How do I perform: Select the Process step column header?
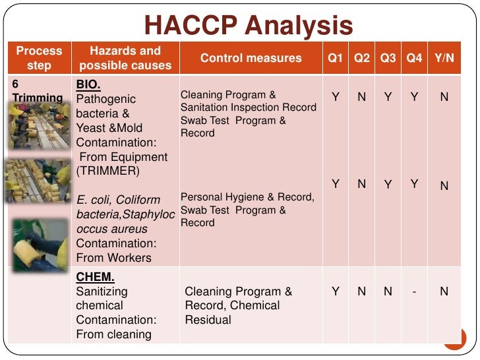click(x=39, y=58)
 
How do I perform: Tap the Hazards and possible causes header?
click(x=125, y=58)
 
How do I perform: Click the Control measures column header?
click(x=251, y=58)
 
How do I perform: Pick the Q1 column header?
click(x=336, y=58)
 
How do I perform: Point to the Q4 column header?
click(x=414, y=58)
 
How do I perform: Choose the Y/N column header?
click(x=444, y=58)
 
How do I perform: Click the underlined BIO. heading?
click(x=88, y=85)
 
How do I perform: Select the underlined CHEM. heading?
click(x=95, y=277)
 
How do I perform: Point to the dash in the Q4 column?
click(x=414, y=291)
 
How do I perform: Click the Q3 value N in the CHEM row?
click(x=388, y=291)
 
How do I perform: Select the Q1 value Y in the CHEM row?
click(x=336, y=291)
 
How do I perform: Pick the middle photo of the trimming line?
click(x=38, y=181)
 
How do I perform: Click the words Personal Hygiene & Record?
click(x=247, y=197)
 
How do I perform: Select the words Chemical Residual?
click(x=232, y=313)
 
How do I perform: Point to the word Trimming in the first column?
click(x=38, y=98)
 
